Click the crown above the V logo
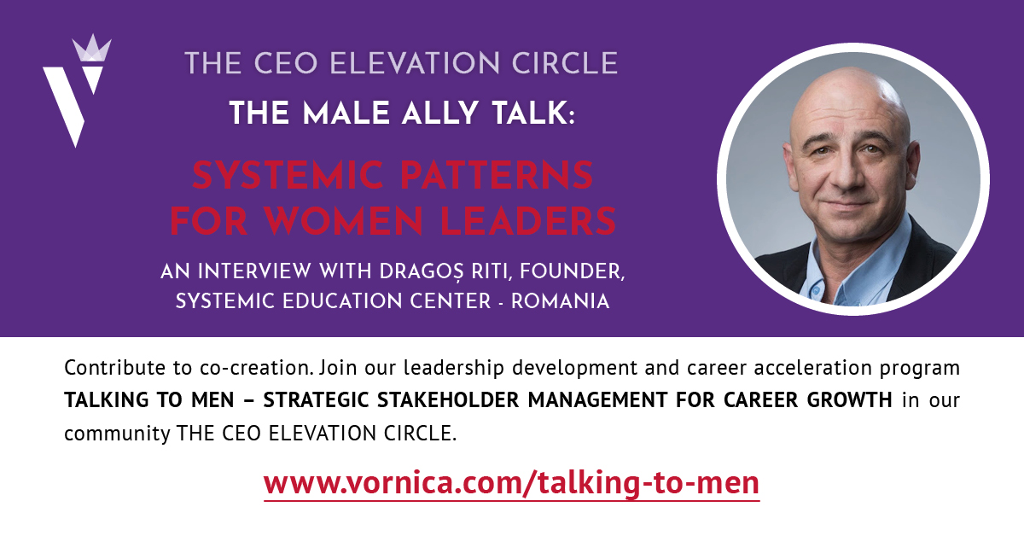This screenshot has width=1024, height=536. point(92,48)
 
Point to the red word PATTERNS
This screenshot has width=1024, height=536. point(497,175)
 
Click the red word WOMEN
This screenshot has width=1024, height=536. point(344,221)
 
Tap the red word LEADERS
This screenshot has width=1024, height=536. point(528,221)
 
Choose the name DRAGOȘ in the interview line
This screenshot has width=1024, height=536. point(422,271)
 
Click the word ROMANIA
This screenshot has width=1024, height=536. point(560,301)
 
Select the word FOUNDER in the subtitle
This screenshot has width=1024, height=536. point(572,271)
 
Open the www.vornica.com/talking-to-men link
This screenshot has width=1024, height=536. point(511,483)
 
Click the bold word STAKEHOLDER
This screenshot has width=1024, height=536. point(448,399)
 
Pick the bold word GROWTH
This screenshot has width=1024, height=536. point(849,399)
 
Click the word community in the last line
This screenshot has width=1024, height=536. point(117,434)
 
